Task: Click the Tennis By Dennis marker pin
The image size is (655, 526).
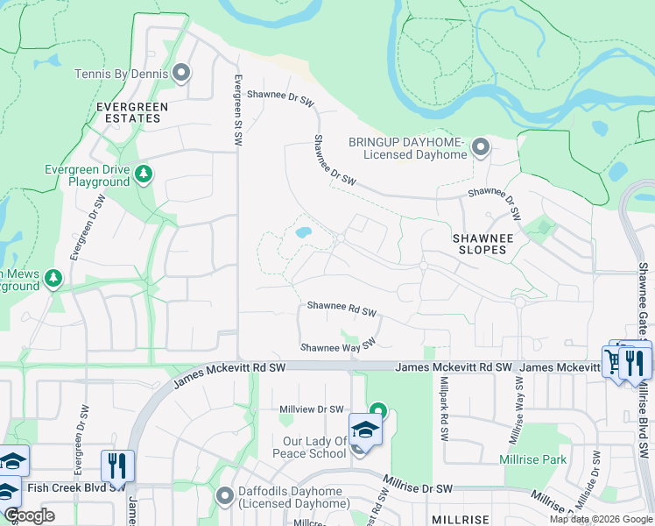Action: pos(182,73)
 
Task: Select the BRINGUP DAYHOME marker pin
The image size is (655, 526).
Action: pos(480,147)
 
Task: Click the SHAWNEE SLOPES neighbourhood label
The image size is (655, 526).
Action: pos(479,243)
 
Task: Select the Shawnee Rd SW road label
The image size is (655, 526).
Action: pos(342,310)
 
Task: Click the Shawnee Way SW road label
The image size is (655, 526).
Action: pos(338,345)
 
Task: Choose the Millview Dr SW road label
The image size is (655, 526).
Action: pos(311,409)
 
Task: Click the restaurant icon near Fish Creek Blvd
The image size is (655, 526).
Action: pos(116,465)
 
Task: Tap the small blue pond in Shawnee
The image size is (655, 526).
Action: pos(303,233)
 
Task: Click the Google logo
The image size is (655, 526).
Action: pos(29,515)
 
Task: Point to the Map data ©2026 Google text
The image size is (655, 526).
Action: pos(601,519)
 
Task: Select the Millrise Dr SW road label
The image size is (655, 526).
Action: pos(419,487)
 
